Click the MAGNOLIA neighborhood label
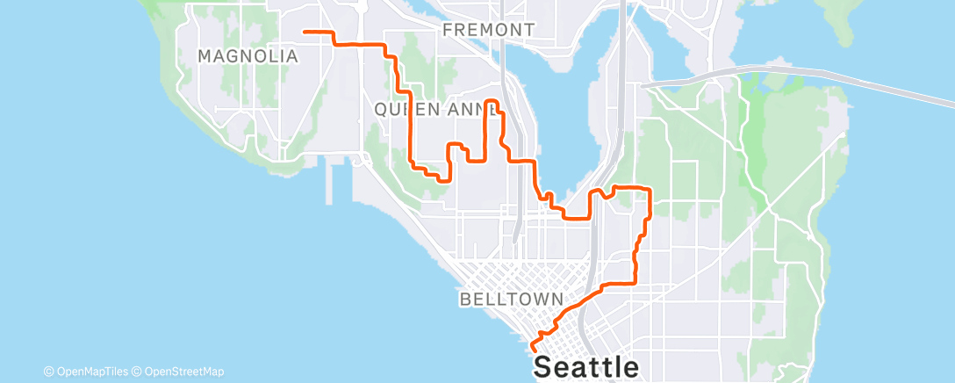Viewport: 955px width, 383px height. coord(248,56)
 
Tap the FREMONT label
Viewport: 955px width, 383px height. coord(488,30)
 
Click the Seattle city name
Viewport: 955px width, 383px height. coord(586,365)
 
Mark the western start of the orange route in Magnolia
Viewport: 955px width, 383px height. coord(305,32)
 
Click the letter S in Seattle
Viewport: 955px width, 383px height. coord(545,365)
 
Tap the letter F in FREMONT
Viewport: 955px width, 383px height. coord(448,30)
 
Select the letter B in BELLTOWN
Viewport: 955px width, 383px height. coord(465,300)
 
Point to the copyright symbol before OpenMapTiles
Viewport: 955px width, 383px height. coord(48,372)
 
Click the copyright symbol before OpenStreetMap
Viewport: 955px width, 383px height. coord(137,372)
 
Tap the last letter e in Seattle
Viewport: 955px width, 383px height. coord(628,366)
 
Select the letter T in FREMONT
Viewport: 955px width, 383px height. coord(528,30)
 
